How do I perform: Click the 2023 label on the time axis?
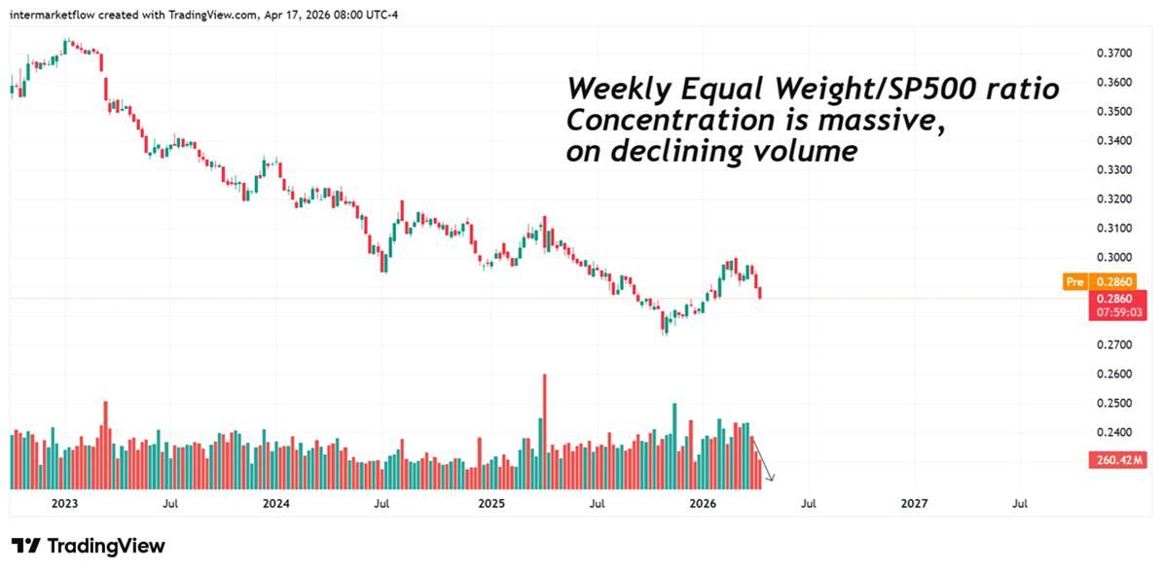64,504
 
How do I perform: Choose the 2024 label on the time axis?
276,504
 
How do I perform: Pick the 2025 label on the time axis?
490,504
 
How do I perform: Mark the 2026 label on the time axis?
703,504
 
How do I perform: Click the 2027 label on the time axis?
914,504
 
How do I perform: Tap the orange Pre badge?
1075,282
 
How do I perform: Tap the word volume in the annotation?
807,152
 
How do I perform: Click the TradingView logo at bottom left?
89,546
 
